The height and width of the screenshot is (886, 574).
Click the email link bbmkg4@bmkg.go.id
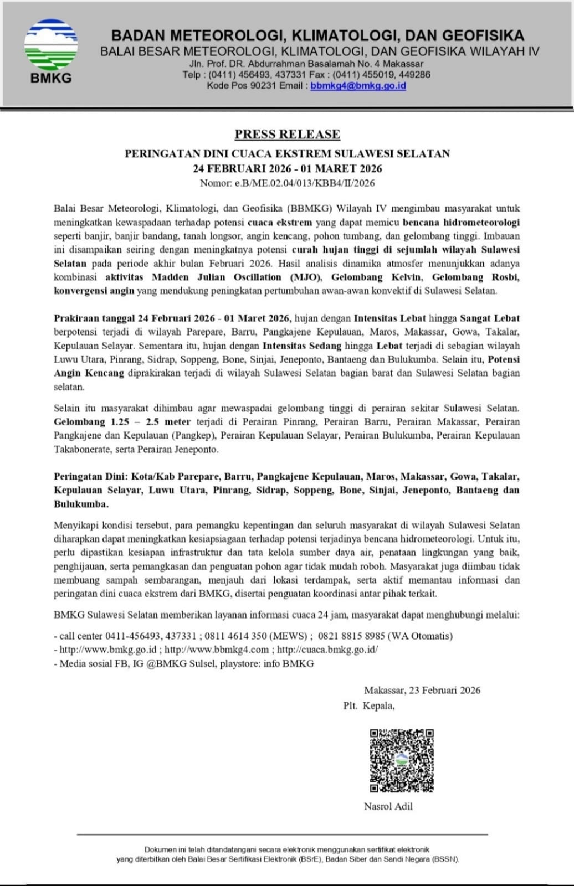[x=358, y=86]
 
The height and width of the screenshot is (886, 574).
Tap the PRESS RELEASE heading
[x=287, y=134]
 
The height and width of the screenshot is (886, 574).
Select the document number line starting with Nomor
[x=287, y=183]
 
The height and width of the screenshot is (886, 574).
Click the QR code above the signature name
[x=402, y=760]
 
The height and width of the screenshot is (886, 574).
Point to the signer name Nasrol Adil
[x=388, y=806]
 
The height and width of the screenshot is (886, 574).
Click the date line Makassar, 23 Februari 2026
[x=422, y=690]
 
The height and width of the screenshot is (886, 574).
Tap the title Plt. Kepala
[x=369, y=705]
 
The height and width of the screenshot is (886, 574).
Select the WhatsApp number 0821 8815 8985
[x=352, y=636]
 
